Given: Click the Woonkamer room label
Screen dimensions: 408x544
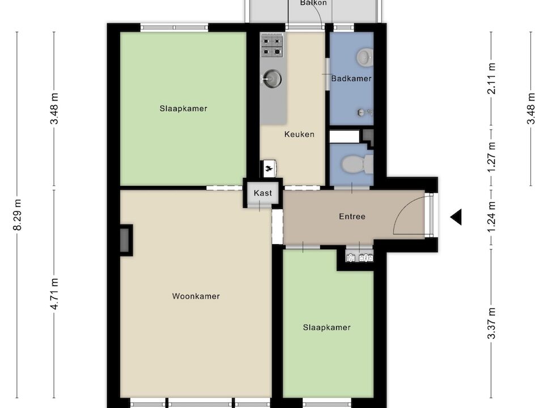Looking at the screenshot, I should tap(195, 296).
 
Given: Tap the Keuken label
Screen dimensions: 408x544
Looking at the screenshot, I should tap(299, 135).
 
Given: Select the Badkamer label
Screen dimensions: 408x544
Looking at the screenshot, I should tap(351, 79).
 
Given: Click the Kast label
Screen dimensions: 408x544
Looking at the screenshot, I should tap(263, 193).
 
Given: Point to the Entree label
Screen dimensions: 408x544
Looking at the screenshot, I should tap(352, 216).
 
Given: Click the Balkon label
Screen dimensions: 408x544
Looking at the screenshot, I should tap(313, 3).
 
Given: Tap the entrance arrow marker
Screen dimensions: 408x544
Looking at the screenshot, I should tap(456, 216).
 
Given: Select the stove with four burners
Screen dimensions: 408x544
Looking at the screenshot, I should tap(271, 45).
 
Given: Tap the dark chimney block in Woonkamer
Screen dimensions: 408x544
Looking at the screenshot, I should tap(125, 240).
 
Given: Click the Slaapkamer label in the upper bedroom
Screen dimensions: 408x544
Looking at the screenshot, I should tap(183, 108).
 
